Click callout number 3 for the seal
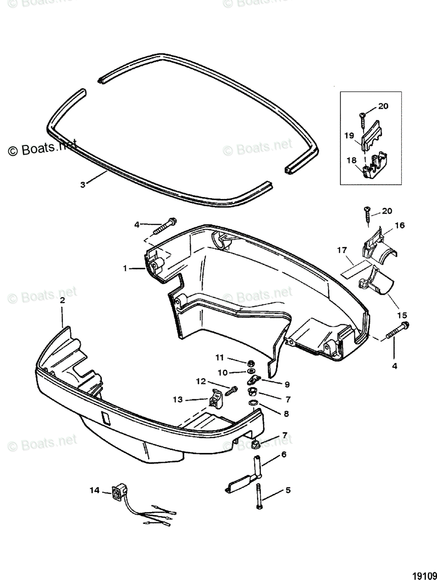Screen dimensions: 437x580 click(x=83, y=184)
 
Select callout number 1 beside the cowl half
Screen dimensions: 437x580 click(x=126, y=268)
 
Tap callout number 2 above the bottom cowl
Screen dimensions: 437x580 click(x=63, y=301)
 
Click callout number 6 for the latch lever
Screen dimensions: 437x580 click(x=283, y=454)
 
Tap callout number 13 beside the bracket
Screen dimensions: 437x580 click(x=178, y=399)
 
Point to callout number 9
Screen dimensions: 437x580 click(x=287, y=384)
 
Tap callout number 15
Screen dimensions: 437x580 click(x=402, y=315)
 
